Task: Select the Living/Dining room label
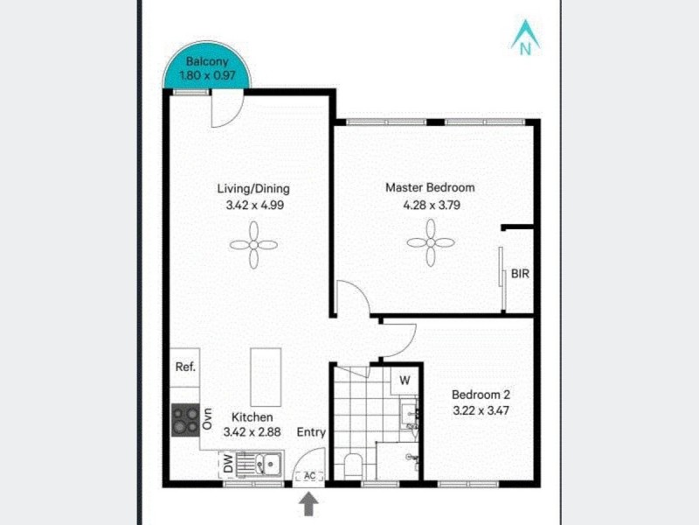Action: point(253,188)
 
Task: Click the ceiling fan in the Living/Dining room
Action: point(253,244)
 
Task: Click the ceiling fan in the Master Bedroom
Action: point(431,241)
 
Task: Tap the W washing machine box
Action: point(404,381)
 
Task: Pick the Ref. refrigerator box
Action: point(184,367)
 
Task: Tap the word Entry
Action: point(310,432)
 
